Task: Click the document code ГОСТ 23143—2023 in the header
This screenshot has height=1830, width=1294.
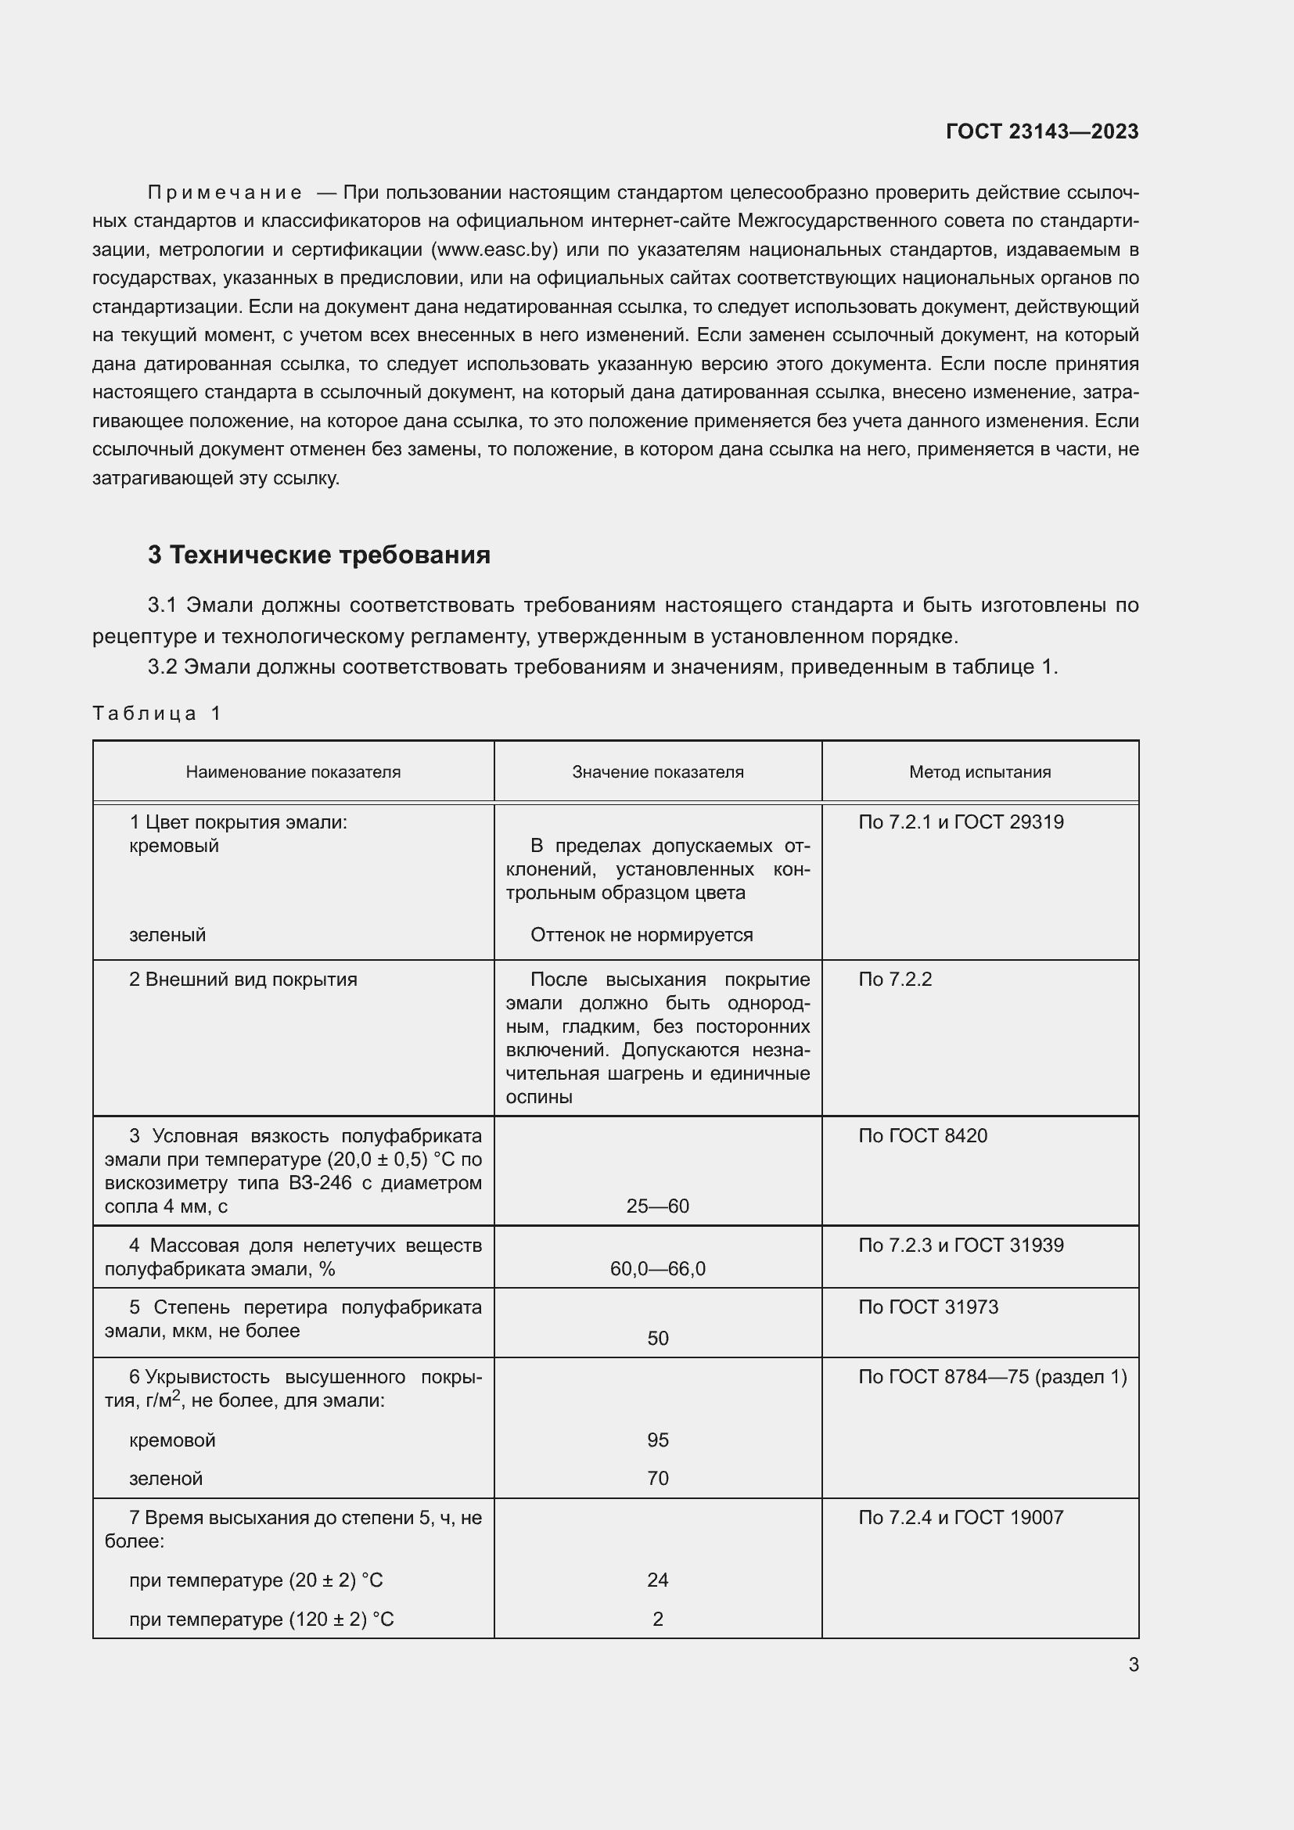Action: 1041,131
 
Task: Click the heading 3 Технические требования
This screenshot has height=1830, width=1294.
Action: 318,555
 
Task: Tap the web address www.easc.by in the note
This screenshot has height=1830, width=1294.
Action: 494,250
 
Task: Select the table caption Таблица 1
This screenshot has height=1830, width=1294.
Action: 156,713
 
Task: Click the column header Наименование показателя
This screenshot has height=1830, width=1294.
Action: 293,771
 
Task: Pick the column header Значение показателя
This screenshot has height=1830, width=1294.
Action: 657,771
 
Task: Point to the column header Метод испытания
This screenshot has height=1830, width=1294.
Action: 979,771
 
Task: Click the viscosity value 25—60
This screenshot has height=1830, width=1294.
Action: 657,1206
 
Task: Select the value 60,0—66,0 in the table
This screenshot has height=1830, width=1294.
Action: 657,1268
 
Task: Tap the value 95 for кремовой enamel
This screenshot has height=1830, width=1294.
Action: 657,1440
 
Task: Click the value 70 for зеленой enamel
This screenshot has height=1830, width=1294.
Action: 657,1478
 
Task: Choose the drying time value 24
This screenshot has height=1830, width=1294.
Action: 657,1580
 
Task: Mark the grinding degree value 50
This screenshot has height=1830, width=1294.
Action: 657,1338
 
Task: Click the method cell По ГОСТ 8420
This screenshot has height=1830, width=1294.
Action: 922,1135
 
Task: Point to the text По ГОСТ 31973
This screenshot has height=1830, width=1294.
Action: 928,1307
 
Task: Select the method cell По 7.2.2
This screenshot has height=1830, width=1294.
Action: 894,979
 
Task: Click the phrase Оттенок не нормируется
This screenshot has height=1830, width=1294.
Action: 642,934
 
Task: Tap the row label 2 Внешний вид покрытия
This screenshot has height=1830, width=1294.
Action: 243,979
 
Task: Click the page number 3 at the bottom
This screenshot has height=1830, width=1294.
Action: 1133,1664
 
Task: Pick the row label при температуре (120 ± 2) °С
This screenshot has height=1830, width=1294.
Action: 261,1619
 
